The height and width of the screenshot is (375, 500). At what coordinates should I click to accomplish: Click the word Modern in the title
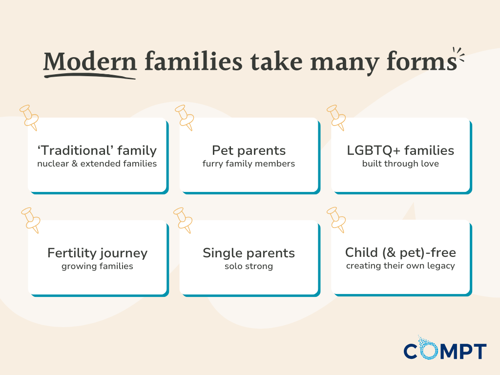tap(90, 62)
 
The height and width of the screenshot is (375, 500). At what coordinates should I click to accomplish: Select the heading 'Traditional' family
tap(97, 150)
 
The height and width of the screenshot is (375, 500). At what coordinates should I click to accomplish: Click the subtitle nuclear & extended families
tap(97, 164)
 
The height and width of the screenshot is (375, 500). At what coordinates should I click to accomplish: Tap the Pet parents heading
tap(249, 150)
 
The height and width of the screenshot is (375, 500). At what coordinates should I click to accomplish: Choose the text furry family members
tap(249, 164)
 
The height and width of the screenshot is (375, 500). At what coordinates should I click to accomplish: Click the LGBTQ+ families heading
tap(400, 150)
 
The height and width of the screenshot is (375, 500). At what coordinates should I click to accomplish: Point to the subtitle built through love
tap(400, 164)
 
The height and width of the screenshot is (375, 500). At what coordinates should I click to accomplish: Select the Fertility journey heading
tap(97, 253)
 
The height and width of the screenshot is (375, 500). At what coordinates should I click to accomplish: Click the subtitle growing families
tap(97, 267)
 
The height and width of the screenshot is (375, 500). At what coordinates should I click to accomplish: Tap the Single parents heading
tap(249, 253)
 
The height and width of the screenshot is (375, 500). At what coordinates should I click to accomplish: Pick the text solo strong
tap(249, 267)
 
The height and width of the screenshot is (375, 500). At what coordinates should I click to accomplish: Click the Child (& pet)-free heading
tap(400, 252)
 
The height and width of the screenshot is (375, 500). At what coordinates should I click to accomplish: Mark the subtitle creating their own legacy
tap(400, 266)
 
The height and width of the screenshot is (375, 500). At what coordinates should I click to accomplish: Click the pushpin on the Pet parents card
tap(185, 117)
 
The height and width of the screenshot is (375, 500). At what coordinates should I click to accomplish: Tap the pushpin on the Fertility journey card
tap(30, 219)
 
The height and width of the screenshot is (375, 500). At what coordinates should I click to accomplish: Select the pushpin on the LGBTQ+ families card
tap(336, 117)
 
